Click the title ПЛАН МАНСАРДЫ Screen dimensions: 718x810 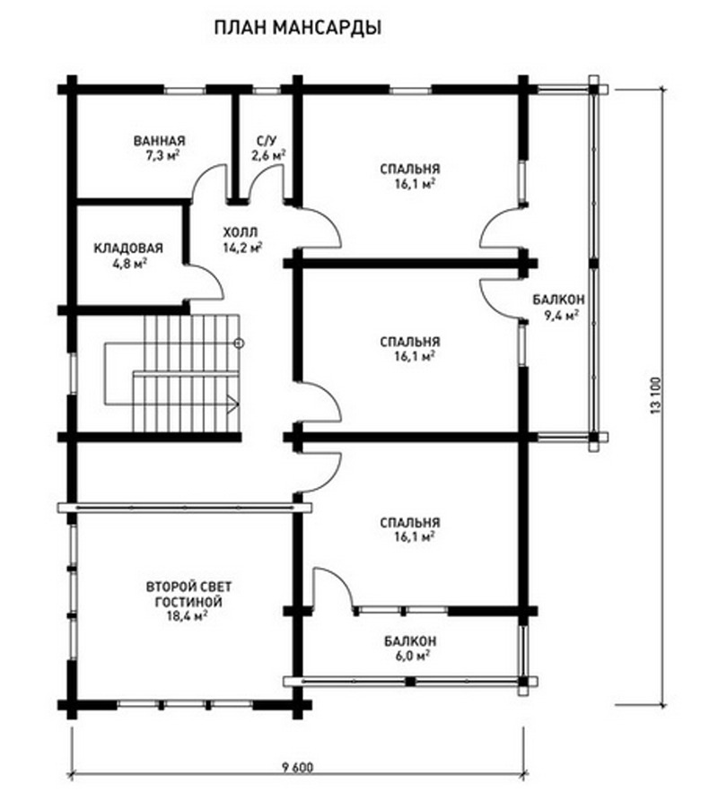point(298,28)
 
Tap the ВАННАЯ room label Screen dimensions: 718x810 point(159,141)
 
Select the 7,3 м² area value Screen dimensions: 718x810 point(162,155)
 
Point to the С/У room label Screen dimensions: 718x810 point(267,141)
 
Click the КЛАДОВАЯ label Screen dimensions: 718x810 point(128,248)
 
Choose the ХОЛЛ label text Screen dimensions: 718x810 point(240,232)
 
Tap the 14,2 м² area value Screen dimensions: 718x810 point(242,247)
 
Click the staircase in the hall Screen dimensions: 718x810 point(174,373)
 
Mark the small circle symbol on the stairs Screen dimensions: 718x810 point(239,343)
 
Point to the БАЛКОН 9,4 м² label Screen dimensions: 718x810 point(560,307)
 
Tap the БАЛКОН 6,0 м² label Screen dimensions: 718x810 point(410,649)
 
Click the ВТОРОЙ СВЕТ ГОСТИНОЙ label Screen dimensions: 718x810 point(188,594)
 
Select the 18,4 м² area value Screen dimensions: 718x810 point(187,615)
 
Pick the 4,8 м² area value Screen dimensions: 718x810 point(129,264)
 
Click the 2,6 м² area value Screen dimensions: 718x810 point(268,155)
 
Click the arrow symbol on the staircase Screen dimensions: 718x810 point(233,403)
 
